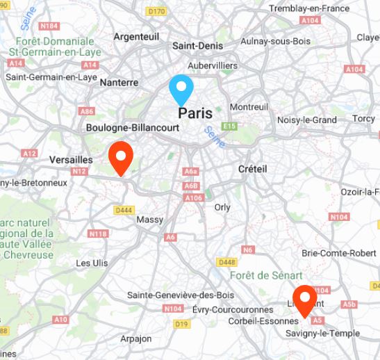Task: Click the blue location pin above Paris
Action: pyautogui.click(x=181, y=90)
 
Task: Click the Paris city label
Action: pyautogui.click(x=195, y=113)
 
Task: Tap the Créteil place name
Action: pyautogui.click(x=252, y=169)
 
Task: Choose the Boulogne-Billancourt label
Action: pyautogui.click(x=133, y=128)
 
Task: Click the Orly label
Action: pyautogui.click(x=222, y=207)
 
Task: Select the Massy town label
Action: pyautogui.click(x=150, y=220)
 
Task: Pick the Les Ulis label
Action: pyautogui.click(x=92, y=263)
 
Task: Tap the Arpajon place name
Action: pyautogui.click(x=135, y=338)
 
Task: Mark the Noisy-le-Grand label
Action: pyautogui.click(x=306, y=120)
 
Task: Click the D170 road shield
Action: pyautogui.click(x=157, y=11)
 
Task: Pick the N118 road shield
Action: pyautogui.click(x=98, y=234)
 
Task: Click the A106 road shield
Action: pyautogui.click(x=194, y=198)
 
